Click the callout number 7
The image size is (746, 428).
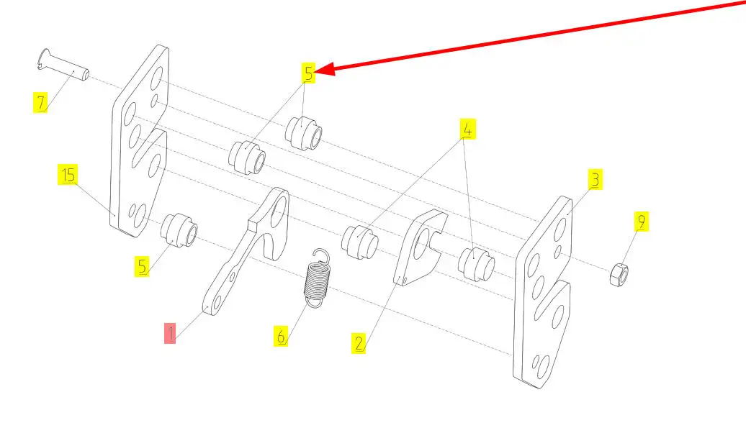point(41,102)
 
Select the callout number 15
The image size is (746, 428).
point(68,174)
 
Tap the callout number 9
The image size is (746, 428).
point(641,221)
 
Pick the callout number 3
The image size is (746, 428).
point(595,179)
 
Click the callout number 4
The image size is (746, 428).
point(467,129)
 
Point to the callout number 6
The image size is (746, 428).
point(281,334)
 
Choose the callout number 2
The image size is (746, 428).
point(359,343)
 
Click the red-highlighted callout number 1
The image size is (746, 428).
point(170,333)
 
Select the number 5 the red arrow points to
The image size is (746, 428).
point(308,73)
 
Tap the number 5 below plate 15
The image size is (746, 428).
point(143,266)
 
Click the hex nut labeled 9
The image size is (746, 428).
point(620,274)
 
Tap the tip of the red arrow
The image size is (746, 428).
point(318,70)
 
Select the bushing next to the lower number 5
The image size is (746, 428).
point(179,229)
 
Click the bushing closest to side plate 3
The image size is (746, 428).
point(475,263)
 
